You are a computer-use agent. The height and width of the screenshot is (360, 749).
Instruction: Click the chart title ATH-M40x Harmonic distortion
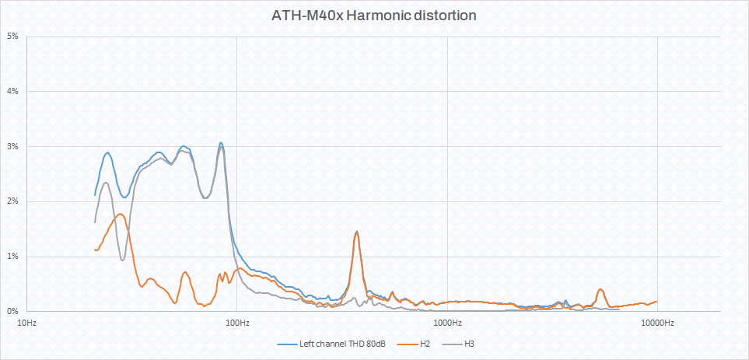(373, 16)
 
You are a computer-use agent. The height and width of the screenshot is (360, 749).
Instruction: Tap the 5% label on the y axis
(13, 37)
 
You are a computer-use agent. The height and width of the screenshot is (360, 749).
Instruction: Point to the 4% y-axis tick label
(13, 92)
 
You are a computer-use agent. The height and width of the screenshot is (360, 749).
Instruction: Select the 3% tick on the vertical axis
(13, 146)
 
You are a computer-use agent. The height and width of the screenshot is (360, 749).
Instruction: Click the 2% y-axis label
(13, 201)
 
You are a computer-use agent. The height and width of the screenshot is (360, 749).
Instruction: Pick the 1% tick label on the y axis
(13, 257)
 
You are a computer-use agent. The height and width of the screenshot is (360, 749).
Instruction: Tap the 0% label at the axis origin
(13, 311)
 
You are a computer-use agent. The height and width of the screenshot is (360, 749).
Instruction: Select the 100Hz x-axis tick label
(237, 323)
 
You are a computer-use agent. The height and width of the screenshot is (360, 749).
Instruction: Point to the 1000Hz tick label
(447, 323)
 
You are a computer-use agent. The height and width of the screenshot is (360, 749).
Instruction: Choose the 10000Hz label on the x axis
(657, 323)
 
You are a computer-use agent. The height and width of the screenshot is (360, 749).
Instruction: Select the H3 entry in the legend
(470, 343)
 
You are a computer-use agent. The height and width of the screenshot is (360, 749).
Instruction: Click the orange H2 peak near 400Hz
(356, 233)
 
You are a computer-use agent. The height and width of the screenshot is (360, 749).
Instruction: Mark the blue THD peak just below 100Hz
(221, 143)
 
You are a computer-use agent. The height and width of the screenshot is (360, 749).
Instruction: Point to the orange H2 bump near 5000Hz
(600, 289)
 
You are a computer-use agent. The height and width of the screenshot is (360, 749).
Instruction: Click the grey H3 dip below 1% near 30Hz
(122, 259)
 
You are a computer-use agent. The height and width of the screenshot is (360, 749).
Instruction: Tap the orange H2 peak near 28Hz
(121, 214)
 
